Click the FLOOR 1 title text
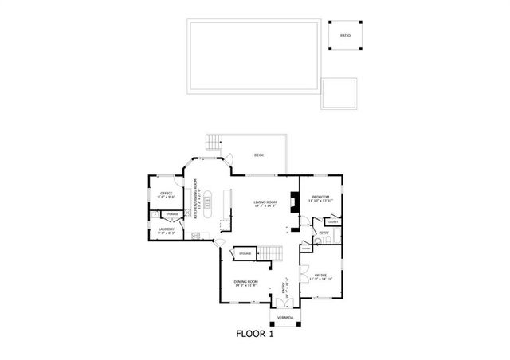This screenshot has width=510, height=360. pyautogui.click(x=255, y=334)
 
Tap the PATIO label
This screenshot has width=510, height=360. pyautogui.click(x=345, y=36)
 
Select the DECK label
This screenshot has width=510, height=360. pyautogui.click(x=258, y=155)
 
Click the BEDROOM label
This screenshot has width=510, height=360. pyautogui.click(x=321, y=198)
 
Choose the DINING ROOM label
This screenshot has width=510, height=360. pyautogui.click(x=245, y=282)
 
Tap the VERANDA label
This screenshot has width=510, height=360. pyautogui.click(x=284, y=318)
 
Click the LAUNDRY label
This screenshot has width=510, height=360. pyautogui.click(x=166, y=230)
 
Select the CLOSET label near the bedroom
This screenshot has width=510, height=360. pyautogui.click(x=332, y=222)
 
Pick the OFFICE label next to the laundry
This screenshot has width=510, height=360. pyautogui.click(x=167, y=194)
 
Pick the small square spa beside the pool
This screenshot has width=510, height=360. pyautogui.click(x=339, y=92)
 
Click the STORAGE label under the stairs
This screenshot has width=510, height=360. pyautogui.click(x=245, y=253)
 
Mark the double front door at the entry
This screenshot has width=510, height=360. pyautogui.click(x=284, y=303)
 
